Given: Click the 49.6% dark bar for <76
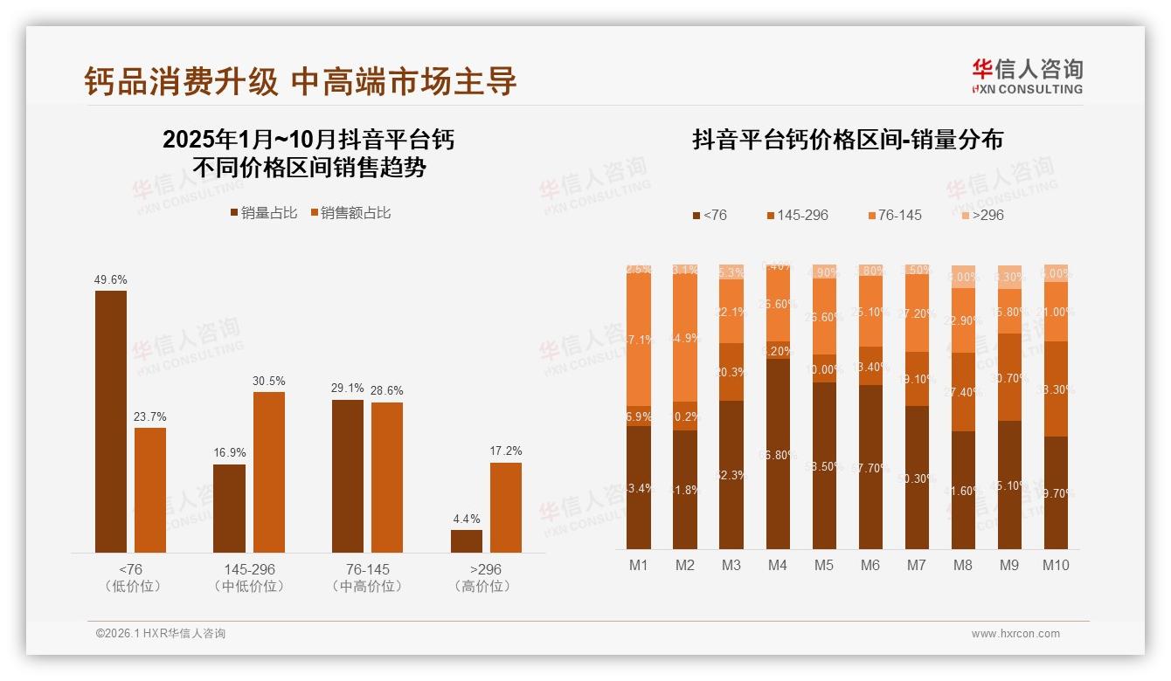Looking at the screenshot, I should click(x=111, y=421).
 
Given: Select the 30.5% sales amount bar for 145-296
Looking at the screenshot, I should click(x=269, y=471).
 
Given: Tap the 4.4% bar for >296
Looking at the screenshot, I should click(x=467, y=540).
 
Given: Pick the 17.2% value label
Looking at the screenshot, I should click(x=506, y=451).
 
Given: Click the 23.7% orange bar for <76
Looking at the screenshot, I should click(x=150, y=490).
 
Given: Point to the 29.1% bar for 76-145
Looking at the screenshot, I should click(x=348, y=476).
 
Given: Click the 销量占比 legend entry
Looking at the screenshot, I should click(x=264, y=213).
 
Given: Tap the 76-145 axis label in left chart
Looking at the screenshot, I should click(x=367, y=569).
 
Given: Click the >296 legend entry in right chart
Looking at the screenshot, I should click(x=981, y=215).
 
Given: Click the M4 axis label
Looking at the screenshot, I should click(x=777, y=566).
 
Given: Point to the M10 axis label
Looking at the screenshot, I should click(x=1056, y=566).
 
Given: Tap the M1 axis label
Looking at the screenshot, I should click(x=639, y=566).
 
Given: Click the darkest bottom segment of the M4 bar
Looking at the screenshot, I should click(x=778, y=454).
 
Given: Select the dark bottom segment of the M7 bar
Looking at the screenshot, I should click(x=917, y=478).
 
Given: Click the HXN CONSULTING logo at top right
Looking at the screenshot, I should click(x=1027, y=77).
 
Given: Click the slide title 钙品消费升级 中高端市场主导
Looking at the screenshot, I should click(x=301, y=81).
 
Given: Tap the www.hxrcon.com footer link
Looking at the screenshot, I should click(x=1015, y=634).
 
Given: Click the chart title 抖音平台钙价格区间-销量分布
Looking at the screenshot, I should click(x=848, y=140).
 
